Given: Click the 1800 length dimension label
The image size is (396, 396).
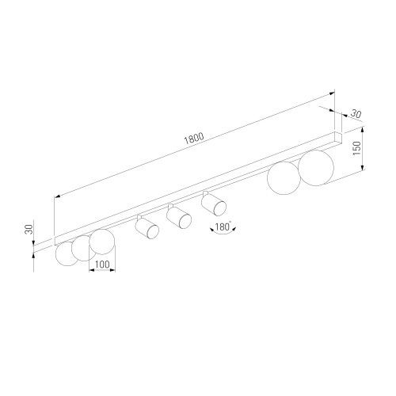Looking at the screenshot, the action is (194, 138).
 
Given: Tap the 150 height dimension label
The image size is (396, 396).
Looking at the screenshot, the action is (356, 148).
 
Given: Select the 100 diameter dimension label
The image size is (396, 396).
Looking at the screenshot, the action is (102, 264).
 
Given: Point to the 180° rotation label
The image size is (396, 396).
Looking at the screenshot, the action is (223, 227).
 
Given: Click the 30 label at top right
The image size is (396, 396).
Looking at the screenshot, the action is (356, 114).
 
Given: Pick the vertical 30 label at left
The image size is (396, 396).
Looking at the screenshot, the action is (29, 229).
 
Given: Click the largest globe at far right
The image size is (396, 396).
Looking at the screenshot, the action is (316, 168).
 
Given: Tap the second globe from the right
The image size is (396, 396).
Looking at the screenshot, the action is (284, 178).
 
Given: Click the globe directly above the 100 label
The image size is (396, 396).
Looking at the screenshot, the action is (102, 242).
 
